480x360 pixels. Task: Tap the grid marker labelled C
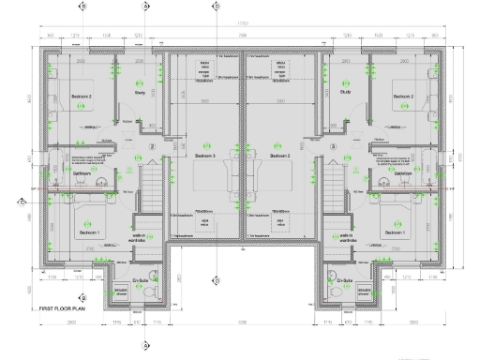(x=21, y=200)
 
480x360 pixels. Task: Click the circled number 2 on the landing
(x=153, y=147)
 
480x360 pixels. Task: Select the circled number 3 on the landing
(x=332, y=147)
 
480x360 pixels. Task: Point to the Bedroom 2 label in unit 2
(x=58, y=97)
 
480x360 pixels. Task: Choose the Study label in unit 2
(x=138, y=93)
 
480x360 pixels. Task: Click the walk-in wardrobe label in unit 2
(x=138, y=238)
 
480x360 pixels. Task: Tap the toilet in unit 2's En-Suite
(x=149, y=292)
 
